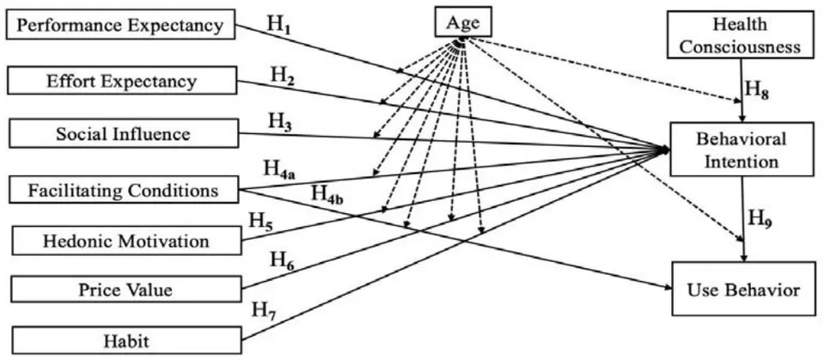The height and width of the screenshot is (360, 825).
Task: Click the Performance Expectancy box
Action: tap(120, 24)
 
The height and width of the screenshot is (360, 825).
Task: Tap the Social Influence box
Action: tap(123, 133)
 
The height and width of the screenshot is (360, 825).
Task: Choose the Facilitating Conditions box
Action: tap(124, 189)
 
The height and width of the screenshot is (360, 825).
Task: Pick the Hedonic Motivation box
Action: tap(125, 241)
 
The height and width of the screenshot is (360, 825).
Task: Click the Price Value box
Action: tap(125, 289)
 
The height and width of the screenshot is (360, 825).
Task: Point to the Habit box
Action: tap(126, 340)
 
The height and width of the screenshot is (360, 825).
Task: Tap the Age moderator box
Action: tap(463, 21)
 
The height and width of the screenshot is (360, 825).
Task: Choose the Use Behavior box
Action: tap(742, 289)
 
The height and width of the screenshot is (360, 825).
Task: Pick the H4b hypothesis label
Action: tap(327, 193)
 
